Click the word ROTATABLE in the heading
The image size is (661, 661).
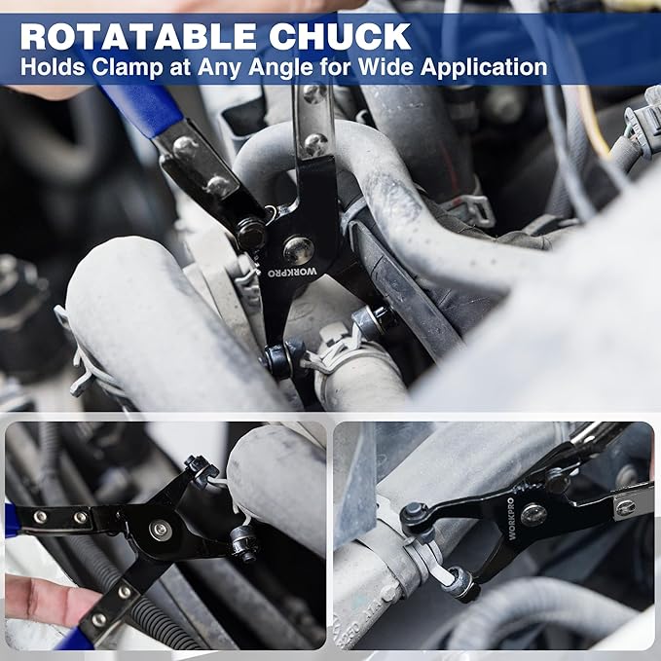tap(138, 36)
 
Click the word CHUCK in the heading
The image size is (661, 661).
tap(340, 36)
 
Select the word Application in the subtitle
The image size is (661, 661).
tap(484, 66)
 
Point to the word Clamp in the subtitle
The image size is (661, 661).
tap(128, 67)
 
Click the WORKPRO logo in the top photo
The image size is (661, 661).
tap(293, 272)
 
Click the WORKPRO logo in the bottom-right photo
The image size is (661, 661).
tap(510, 519)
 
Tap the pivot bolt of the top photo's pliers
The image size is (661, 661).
tap(299, 251)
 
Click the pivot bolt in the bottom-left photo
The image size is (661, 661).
tap(161, 531)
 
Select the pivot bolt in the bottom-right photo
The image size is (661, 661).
tap(533, 515)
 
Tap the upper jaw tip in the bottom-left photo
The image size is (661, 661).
tap(202, 470)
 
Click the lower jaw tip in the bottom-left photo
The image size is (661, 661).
tap(244, 544)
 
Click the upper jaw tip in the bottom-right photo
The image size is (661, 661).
tap(416, 516)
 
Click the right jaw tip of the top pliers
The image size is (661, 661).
tap(374, 319)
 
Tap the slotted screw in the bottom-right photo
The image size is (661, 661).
tap(625, 507)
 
